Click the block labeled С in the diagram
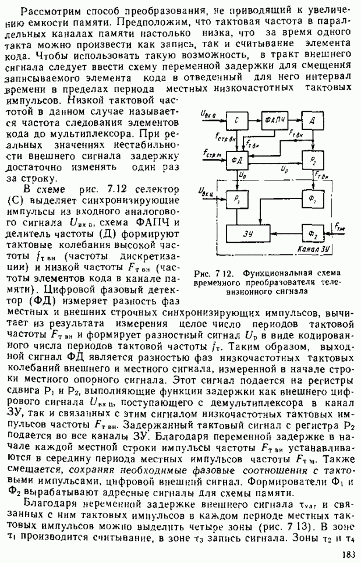[236, 119]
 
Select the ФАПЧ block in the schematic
[276, 119]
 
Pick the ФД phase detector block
[236, 159]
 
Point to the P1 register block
[236, 198]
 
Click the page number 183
[349, 554]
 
